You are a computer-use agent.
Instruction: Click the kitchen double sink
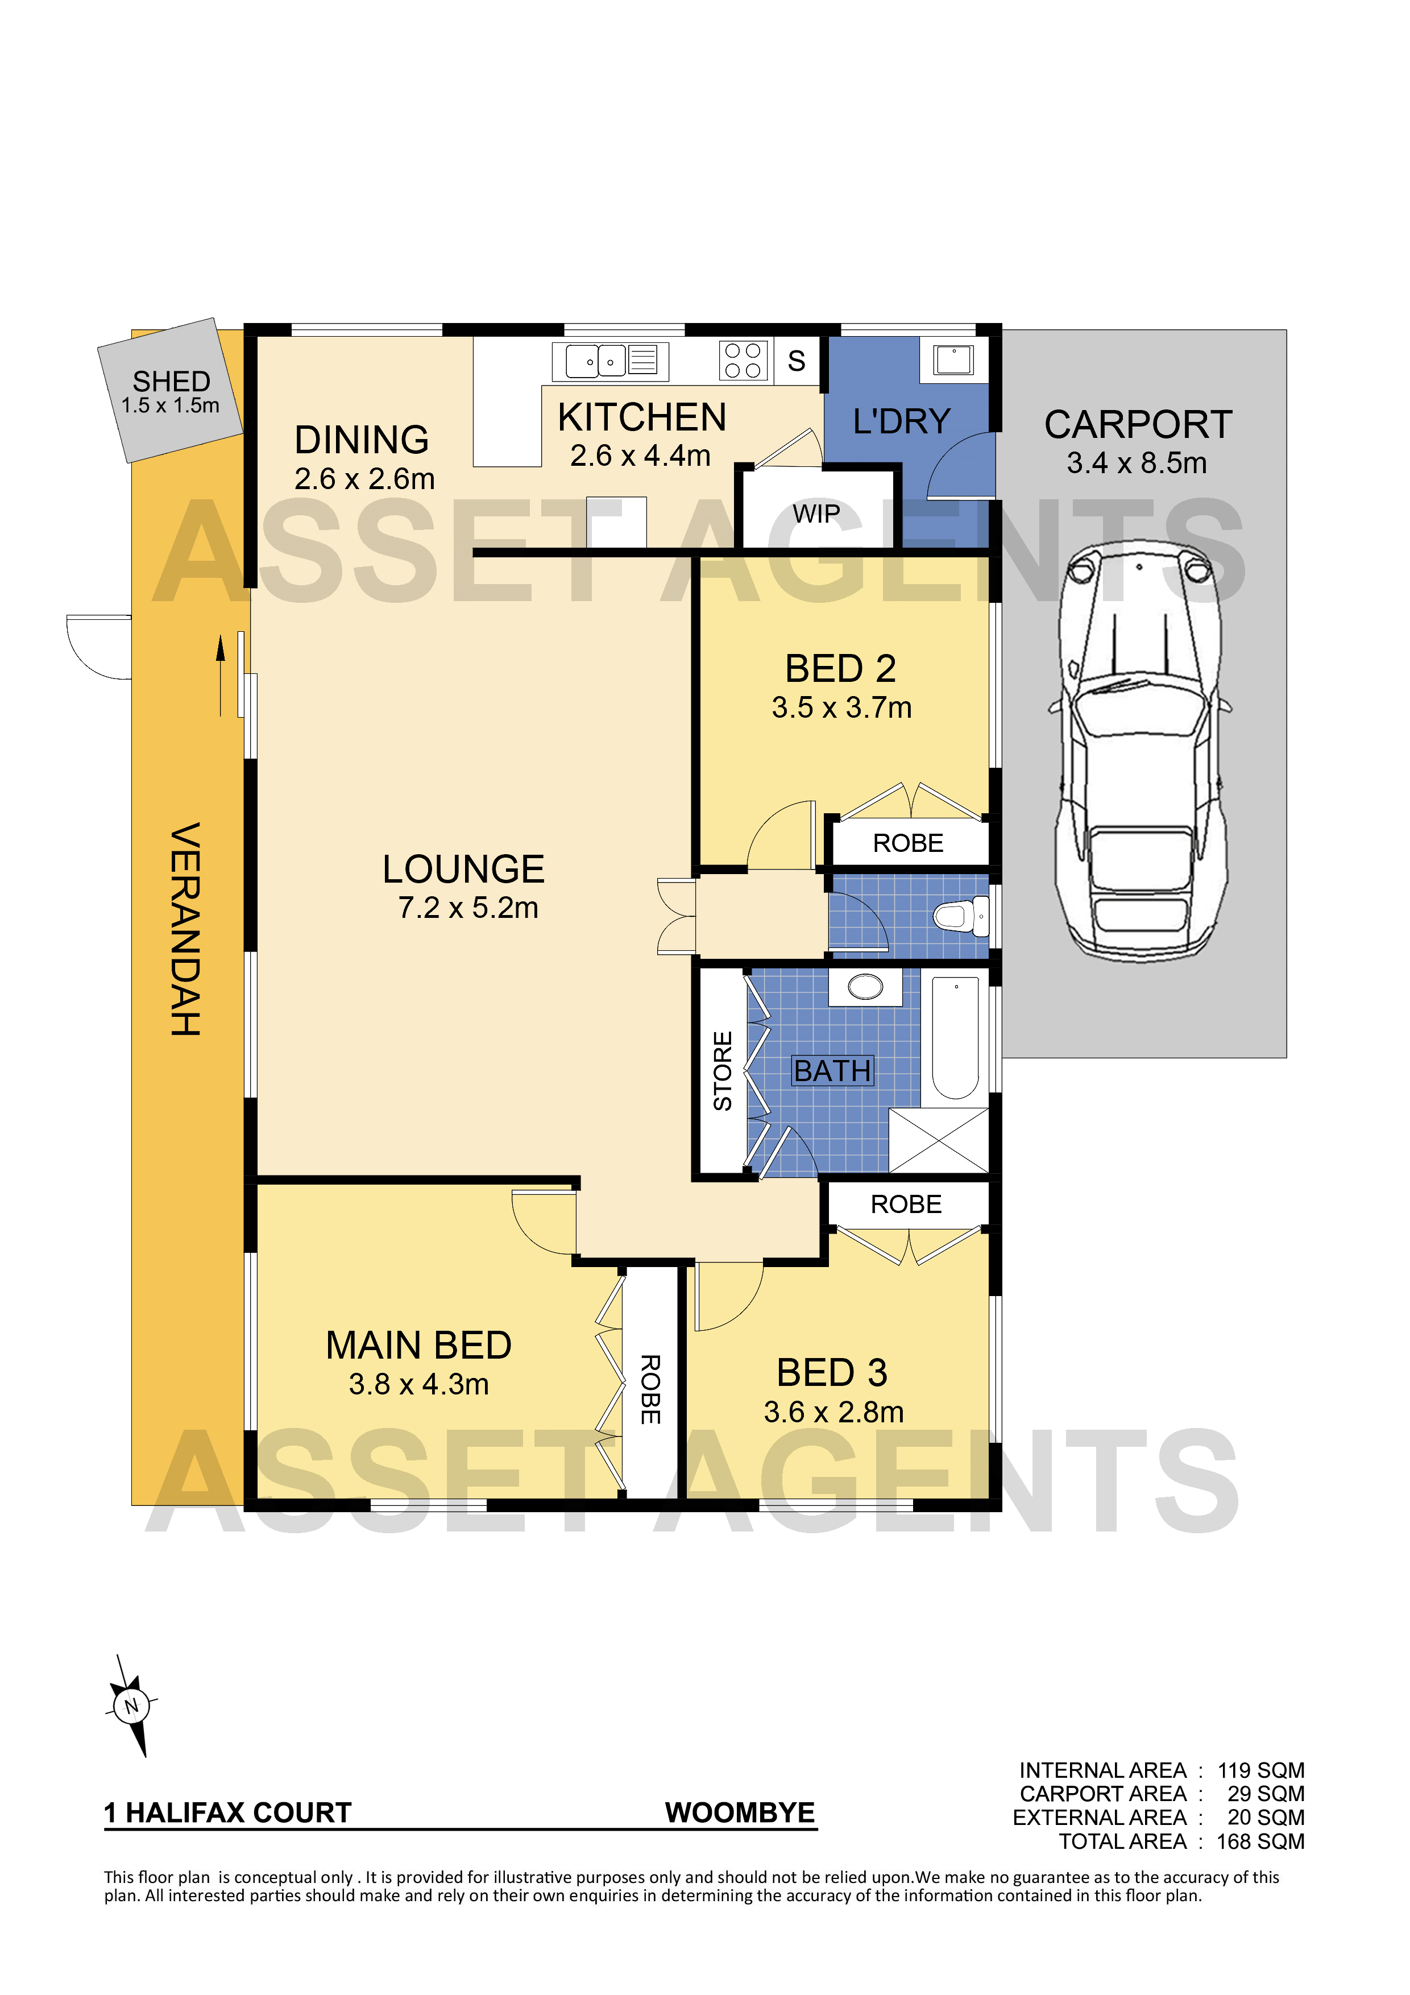(x=596, y=360)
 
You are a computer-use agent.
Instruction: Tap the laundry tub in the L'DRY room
(x=953, y=358)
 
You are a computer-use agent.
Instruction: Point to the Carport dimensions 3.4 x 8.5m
(x=1137, y=462)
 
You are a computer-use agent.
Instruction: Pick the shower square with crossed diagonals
(x=939, y=1140)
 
